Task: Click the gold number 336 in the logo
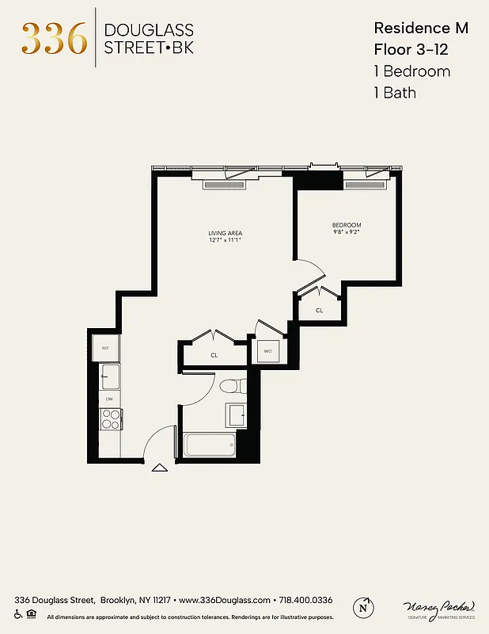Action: coord(54,38)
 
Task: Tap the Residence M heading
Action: coord(421,28)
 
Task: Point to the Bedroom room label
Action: coord(347,226)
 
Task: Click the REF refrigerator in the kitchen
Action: coord(105,347)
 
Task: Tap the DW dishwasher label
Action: coord(109,399)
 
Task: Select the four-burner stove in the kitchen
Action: coord(110,419)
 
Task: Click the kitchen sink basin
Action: coord(108,375)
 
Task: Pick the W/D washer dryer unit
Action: coord(267,351)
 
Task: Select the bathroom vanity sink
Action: coord(236,414)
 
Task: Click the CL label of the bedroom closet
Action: coord(320,311)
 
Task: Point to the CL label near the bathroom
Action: coord(214,356)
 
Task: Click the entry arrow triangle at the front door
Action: coord(159,468)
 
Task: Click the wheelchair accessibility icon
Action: coord(19,614)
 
